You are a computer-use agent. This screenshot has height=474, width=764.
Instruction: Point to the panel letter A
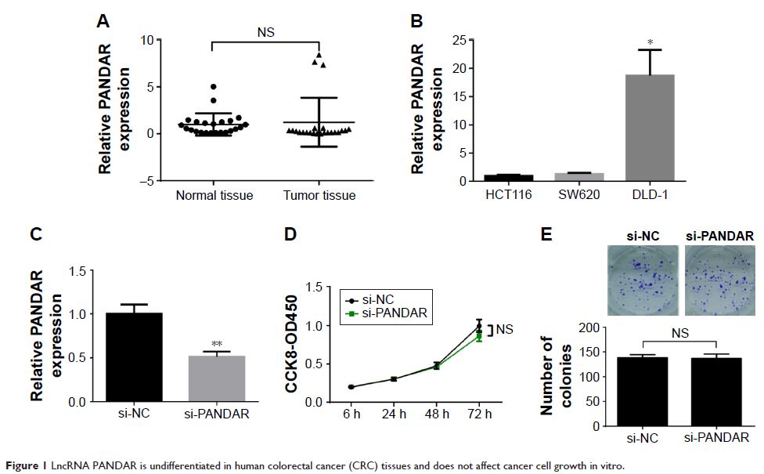point(103,22)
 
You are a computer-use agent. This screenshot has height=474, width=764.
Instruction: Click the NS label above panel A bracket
point(267,31)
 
